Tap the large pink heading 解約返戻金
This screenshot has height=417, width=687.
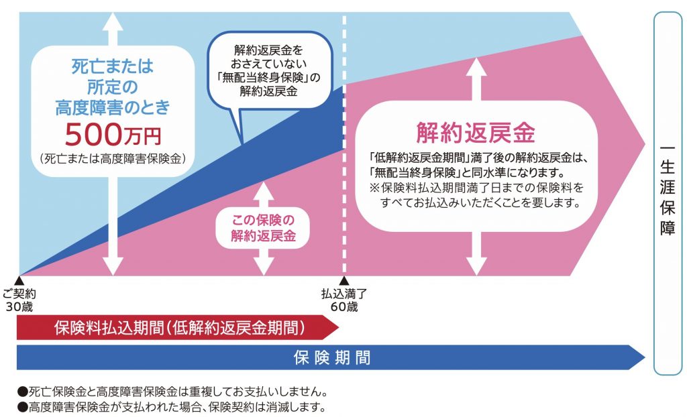point(475,133)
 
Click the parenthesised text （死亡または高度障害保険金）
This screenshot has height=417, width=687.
point(113,159)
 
